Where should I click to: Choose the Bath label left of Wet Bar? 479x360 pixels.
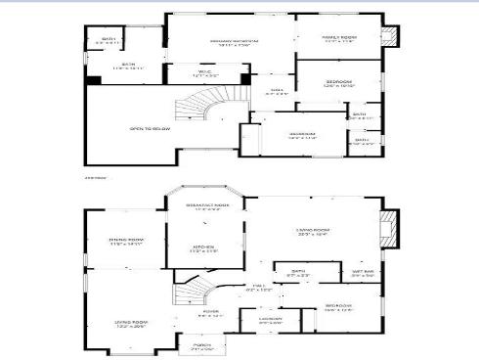(x=298, y=275)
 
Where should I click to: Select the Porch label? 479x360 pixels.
(x=201, y=345)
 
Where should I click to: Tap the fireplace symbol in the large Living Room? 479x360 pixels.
(x=390, y=226)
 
